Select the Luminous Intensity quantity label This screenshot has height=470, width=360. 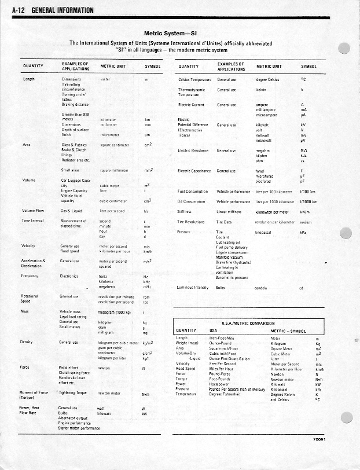(193, 287)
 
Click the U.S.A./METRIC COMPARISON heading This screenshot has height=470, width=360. (248, 322)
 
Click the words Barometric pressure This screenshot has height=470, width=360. (232, 278)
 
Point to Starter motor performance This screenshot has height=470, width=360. (79, 428)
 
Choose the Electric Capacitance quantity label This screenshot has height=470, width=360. (193, 171)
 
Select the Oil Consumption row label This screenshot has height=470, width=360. (191, 202)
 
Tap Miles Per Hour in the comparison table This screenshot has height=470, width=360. (222, 369)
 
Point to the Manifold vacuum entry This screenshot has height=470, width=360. (229, 258)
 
